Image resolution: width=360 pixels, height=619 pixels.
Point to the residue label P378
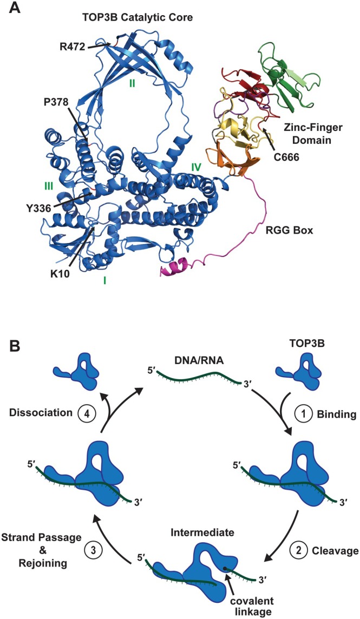tap(55, 102)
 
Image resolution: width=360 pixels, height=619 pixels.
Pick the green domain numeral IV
tap(196, 168)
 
